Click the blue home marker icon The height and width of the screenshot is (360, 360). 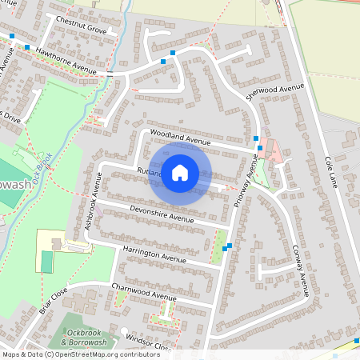point(180,172)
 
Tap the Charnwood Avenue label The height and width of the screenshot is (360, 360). point(143,291)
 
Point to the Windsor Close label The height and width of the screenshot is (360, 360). point(148,341)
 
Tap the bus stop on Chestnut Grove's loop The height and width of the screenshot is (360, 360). point(163,61)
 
